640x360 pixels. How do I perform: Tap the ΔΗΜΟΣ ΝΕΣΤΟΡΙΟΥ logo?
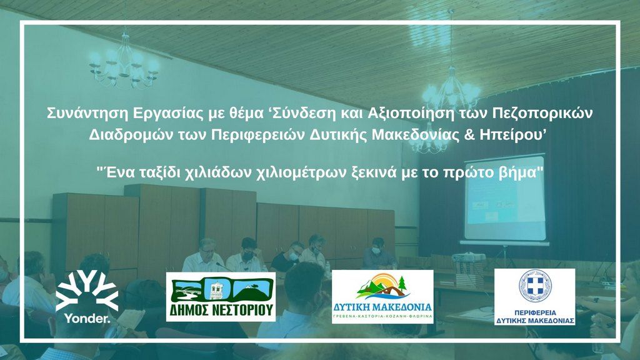221,297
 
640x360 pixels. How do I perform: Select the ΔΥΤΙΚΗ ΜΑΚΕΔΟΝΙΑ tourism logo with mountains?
382,296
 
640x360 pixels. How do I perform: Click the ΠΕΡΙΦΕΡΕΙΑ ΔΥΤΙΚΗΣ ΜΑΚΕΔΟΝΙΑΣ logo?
534,297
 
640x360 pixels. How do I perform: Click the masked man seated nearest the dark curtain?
378,252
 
